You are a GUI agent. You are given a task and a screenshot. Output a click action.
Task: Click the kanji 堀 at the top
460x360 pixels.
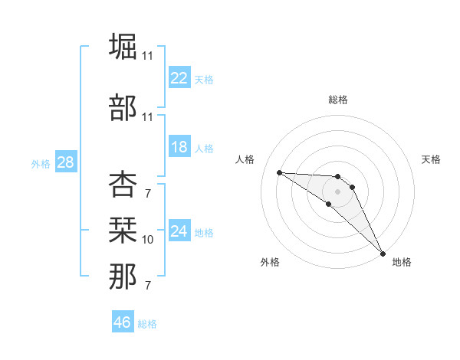pos(123,47)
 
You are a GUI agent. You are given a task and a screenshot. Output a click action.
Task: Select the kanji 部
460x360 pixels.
pos(123,107)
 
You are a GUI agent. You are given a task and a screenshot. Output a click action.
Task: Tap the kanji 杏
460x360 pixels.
pos(123,185)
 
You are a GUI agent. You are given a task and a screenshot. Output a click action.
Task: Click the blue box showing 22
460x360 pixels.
pos(179,78)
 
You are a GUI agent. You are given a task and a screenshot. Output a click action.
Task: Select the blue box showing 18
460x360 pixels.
pos(179,148)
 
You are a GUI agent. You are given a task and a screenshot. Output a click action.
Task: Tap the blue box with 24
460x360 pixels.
pos(179,231)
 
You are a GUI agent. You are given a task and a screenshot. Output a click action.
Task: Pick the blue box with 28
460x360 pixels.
pos(65,162)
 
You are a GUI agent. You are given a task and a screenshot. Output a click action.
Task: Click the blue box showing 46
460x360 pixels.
pos(123,322)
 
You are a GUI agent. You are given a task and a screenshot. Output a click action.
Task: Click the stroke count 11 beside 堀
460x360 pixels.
pos(147,56)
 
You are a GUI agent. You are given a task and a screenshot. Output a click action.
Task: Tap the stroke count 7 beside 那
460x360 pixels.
pos(147,286)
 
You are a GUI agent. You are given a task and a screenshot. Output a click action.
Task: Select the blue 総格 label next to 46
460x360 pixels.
pos(147,324)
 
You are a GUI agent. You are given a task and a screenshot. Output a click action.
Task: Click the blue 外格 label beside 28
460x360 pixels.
pos(41,164)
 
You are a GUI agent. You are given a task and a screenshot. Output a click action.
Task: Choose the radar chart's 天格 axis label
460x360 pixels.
pos(432,159)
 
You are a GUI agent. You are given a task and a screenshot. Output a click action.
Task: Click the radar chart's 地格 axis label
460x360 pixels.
pos(402,262)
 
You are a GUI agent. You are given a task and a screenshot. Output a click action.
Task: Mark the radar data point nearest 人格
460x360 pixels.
pos(279,172)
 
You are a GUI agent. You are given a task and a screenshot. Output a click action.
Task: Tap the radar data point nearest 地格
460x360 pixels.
pos(382,252)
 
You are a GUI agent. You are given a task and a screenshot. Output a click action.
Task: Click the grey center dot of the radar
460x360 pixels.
pos(337,191)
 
